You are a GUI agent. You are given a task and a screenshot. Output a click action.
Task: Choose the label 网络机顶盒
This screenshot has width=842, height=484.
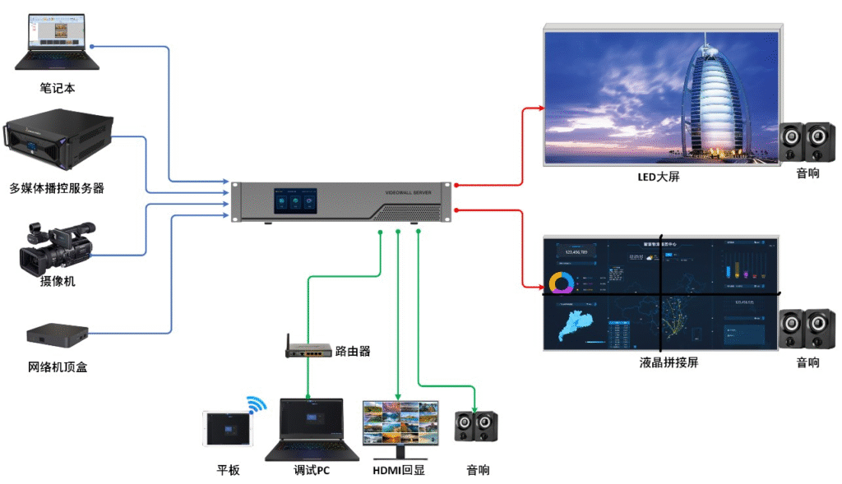(x=57, y=366)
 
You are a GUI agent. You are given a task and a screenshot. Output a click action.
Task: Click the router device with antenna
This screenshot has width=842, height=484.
(x=308, y=351)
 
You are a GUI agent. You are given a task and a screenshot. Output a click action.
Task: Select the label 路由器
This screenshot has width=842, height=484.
(x=353, y=351)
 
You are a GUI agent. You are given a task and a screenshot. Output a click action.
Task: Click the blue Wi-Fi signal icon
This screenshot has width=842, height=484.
(x=257, y=404)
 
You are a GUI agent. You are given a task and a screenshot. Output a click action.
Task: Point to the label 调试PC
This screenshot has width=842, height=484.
(x=312, y=470)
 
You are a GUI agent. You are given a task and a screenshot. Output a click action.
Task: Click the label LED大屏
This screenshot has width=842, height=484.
(x=659, y=177)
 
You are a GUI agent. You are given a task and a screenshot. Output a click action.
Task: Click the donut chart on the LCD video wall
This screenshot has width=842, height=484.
(x=562, y=283)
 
